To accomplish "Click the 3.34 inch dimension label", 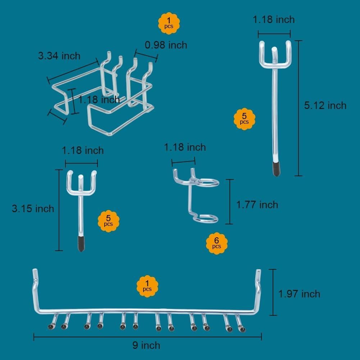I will pos(59,56).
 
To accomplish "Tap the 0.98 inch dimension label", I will pos(166,45).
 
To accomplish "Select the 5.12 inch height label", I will pos(325,105).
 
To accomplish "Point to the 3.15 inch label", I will pos(33,209).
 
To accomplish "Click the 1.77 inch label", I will pos(257,205).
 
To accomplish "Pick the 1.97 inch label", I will pos(299,294).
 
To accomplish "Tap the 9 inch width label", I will pos(146,346).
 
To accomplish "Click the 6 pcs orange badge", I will pos(217,243).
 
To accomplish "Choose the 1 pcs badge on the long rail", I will pos(147,286).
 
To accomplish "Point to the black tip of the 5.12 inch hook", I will pos(276,169).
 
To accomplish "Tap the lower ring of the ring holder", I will pos(205,218).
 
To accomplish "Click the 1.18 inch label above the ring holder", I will pos(185,147).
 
